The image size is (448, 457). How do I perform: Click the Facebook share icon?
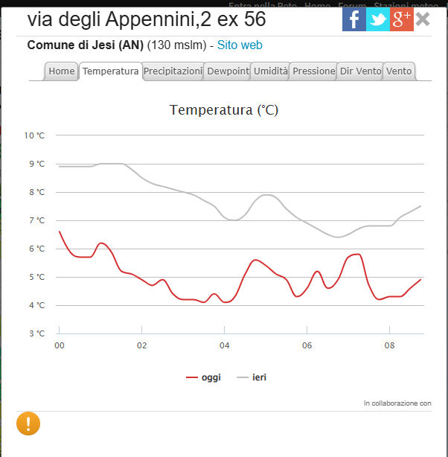[x=353, y=19]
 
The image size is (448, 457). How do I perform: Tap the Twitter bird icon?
[x=377, y=19]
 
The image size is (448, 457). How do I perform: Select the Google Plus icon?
[x=401, y=19]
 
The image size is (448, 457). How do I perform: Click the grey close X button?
[x=423, y=19]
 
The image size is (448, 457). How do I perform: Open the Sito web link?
[x=240, y=45]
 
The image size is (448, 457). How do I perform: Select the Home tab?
[x=62, y=71]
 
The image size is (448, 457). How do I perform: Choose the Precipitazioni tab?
[x=173, y=71]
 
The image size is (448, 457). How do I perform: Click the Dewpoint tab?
[x=228, y=71]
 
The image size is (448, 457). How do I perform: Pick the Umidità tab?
[x=269, y=71]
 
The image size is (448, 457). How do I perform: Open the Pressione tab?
[x=313, y=71]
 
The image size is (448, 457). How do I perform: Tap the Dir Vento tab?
[x=360, y=71]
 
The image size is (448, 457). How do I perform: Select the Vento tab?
[x=399, y=71]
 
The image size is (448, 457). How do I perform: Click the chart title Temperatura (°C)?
[x=224, y=110]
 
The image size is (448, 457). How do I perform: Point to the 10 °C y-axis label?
[x=34, y=135]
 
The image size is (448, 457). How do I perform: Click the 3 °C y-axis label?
[x=36, y=333]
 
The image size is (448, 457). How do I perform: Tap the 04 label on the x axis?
[x=224, y=345]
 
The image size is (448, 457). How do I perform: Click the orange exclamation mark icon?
[x=28, y=424]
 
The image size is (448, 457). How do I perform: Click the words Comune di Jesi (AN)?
[x=86, y=45]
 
